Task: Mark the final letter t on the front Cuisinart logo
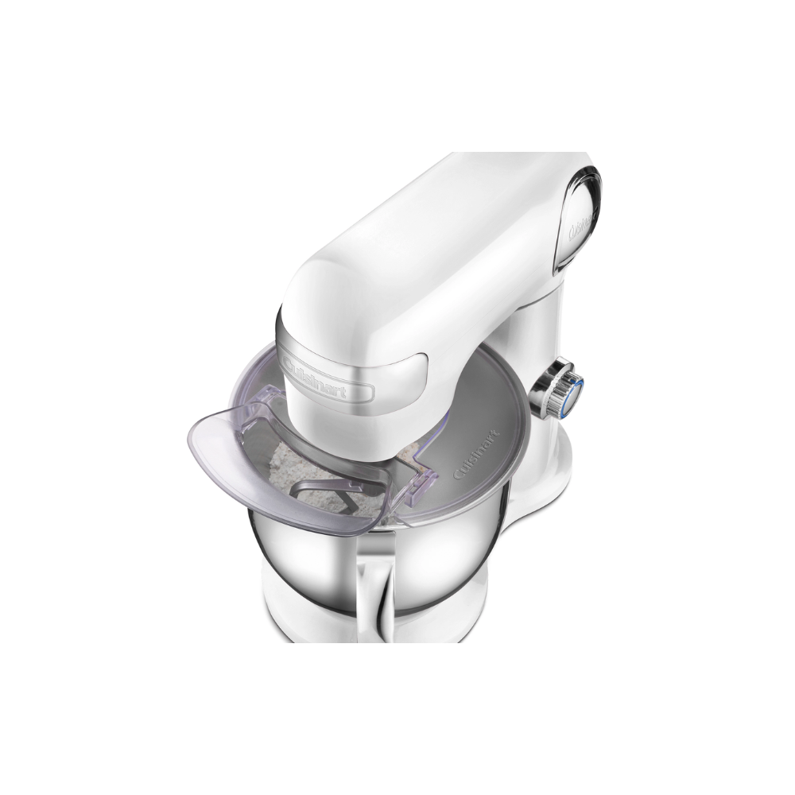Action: coord(367,391)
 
